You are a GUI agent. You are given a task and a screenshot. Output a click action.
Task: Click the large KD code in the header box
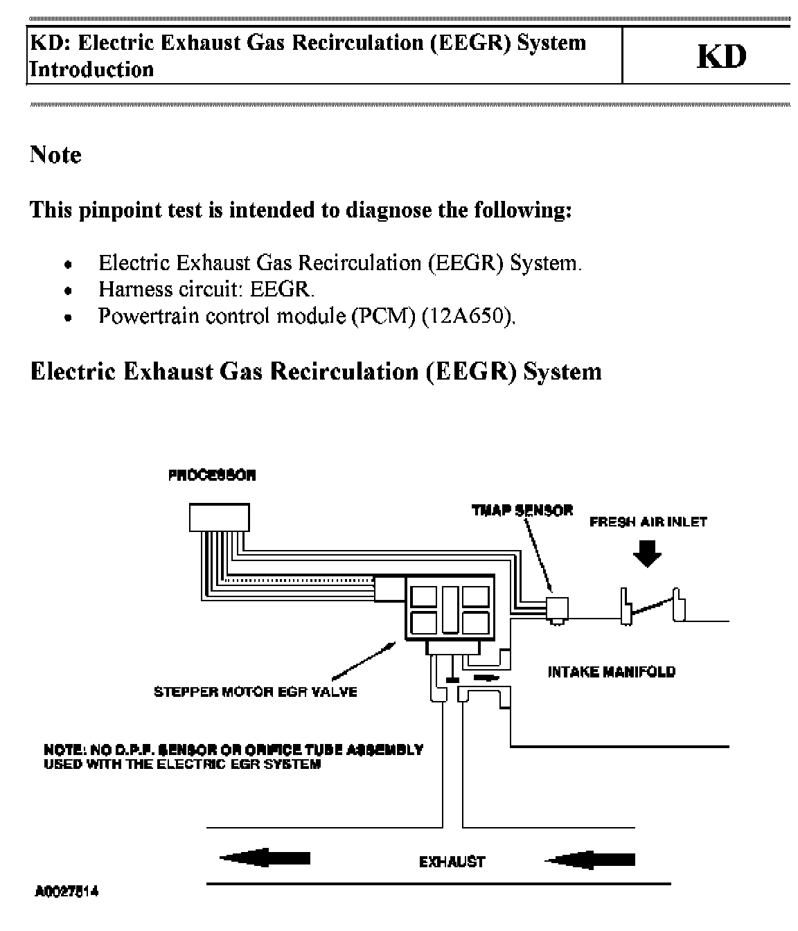(x=721, y=57)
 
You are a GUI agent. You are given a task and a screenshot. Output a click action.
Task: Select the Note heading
(x=55, y=154)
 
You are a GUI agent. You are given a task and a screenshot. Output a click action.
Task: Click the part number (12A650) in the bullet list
(x=468, y=316)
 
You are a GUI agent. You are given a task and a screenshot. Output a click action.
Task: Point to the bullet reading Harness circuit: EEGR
(x=206, y=289)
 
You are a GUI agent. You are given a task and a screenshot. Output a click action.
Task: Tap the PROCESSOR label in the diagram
(x=212, y=475)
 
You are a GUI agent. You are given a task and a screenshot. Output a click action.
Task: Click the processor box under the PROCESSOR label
(x=219, y=517)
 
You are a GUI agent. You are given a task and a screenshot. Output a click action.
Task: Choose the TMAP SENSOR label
(x=522, y=511)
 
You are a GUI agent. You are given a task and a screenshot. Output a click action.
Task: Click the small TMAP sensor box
(x=558, y=608)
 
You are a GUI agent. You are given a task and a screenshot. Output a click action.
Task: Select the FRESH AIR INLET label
(x=648, y=522)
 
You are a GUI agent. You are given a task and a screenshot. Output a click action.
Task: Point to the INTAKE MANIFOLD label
(x=611, y=671)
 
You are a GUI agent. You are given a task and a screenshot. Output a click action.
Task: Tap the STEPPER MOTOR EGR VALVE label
(x=255, y=691)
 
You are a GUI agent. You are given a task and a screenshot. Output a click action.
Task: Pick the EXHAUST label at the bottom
(x=452, y=862)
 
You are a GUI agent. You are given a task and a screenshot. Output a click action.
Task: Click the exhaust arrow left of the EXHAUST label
(x=265, y=859)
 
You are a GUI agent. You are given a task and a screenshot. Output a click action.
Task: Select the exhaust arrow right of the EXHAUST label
(x=589, y=860)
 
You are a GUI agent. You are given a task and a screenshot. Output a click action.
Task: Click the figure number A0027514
(x=66, y=892)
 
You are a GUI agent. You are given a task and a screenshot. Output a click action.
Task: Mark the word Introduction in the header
(x=91, y=69)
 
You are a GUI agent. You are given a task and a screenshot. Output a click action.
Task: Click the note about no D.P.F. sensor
(x=233, y=756)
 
